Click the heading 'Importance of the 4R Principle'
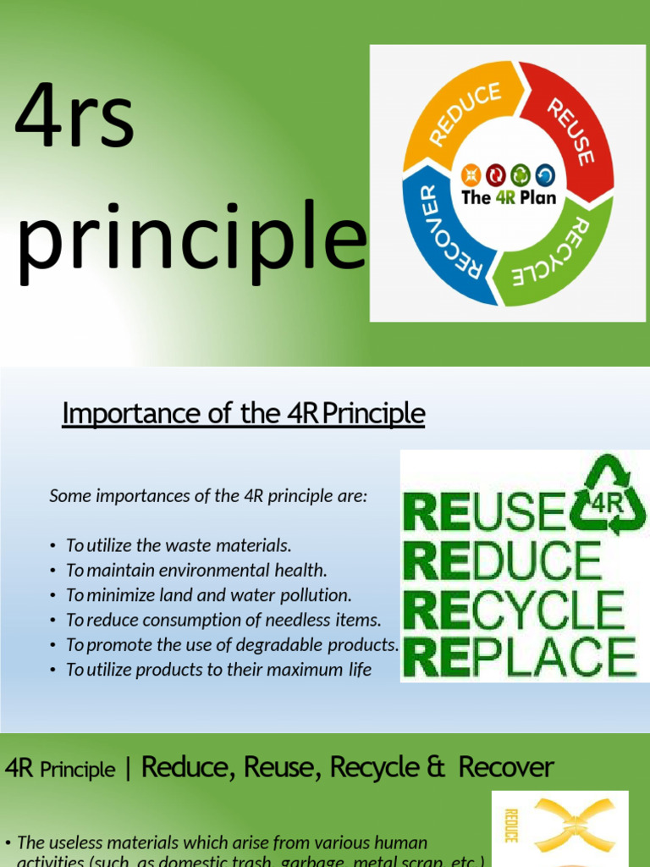coord(244,413)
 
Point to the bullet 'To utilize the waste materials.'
coord(179,545)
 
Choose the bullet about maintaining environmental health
coord(196,570)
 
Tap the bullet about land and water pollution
coord(208,594)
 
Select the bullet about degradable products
coord(232,644)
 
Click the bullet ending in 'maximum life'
coord(218,670)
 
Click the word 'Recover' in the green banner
coord(506,768)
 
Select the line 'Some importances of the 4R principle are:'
coord(208,496)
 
